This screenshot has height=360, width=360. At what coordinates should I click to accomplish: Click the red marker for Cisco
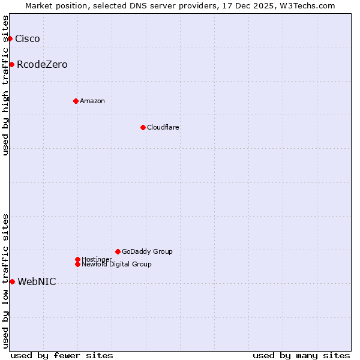pos(10,39)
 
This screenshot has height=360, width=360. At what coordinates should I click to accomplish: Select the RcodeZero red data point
pos(12,65)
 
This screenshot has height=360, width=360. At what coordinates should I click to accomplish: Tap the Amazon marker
pos(76,101)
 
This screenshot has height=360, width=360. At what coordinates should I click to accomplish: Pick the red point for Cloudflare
pos(143,127)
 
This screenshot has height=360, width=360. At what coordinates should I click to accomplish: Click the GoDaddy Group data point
pos(118,252)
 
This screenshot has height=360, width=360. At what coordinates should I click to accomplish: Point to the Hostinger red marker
pos(77,259)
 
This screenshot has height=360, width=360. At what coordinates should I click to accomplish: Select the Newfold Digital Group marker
pos(78,264)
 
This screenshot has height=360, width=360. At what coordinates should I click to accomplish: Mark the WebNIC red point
pos(12,282)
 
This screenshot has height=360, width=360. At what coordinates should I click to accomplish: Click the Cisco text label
pos(28,39)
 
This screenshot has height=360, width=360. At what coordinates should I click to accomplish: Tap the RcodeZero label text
pos(42,65)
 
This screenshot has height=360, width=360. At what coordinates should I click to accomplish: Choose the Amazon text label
pos(92,101)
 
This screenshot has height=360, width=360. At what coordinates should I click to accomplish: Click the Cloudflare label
pos(163,127)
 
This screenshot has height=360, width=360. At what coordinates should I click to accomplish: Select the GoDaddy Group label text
pos(147,252)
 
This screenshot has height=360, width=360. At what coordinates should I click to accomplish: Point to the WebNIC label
pos(37,282)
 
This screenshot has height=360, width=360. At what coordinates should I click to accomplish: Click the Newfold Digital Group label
pos(117,265)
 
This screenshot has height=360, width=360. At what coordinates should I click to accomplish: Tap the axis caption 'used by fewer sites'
pos(62,356)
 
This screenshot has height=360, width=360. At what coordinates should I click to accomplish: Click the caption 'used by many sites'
pos(301,356)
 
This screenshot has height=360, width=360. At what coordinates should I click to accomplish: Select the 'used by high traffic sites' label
pos(5,85)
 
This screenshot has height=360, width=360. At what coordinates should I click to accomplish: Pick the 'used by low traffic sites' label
pos(5,281)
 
